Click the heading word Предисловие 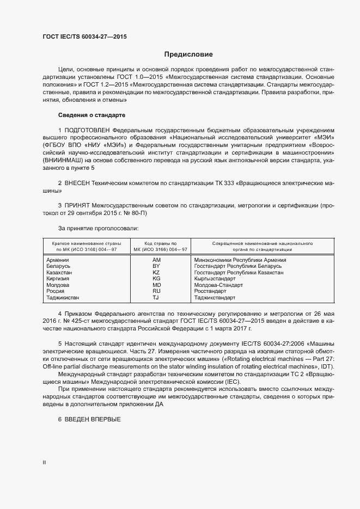pos(189,54)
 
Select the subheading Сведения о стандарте pos(92,115)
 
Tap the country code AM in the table pos(157,260)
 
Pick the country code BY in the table pos(157,266)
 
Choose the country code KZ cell pos(157,273)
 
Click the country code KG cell pos(157,279)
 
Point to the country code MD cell pos(157,285)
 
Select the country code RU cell pos(157,291)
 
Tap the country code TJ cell pos(156,298)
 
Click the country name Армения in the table pos(58,260)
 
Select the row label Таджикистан pos(63,298)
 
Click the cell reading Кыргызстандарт pos(215,279)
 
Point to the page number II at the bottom pos(44,463)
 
